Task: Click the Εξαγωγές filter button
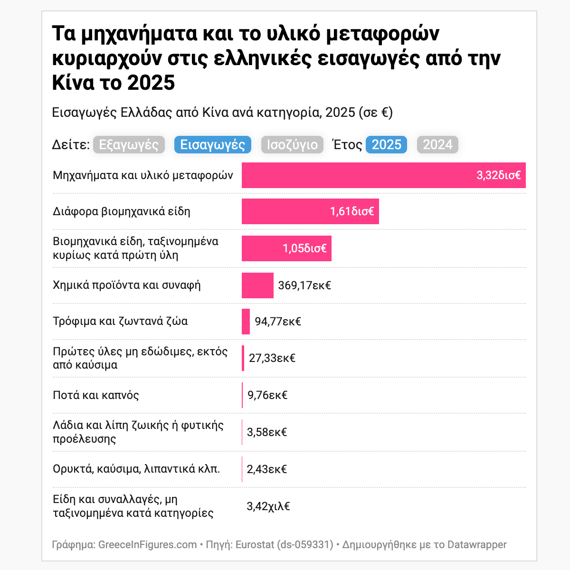[129, 145]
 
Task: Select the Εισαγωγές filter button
[213, 145]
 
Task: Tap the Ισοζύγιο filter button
[292, 145]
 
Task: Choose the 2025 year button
[386, 145]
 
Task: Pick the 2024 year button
[437, 145]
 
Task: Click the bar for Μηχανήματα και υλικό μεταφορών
[356, 175]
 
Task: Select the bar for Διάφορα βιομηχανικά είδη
[285, 211]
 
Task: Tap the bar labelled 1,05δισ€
[261, 248]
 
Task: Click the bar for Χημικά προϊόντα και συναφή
[257, 285]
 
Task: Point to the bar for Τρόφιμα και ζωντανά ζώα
[246, 322]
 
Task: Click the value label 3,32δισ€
[498, 175]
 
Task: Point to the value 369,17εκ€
[304, 285]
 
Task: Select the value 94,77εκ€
[278, 322]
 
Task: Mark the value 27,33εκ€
[272, 358]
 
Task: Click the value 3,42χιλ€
[268, 506]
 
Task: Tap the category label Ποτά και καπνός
[96, 395]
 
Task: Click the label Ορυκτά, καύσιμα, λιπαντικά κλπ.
[136, 469]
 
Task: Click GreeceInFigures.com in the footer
[147, 544]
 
